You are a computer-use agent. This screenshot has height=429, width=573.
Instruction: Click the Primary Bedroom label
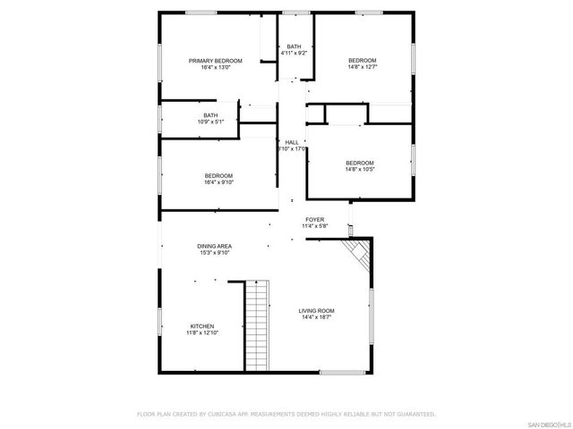pos(215,61)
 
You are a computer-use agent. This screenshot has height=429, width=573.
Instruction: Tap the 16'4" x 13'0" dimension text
pos(215,67)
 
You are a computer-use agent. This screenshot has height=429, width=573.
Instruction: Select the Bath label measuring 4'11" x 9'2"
pos(294,46)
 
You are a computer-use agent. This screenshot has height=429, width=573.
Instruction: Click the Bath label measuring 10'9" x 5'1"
pos(210,114)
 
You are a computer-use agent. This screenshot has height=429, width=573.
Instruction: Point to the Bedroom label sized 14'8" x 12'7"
pos(363,60)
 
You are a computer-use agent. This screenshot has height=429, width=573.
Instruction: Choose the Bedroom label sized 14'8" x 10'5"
pos(361,162)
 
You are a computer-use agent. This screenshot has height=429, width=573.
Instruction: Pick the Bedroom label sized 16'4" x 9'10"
pos(218,175)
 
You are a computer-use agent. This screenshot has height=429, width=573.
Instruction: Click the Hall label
pos(292,142)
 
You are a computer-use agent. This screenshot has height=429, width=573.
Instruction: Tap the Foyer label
pos(314,219)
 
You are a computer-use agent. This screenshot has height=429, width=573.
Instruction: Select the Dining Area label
pos(215,246)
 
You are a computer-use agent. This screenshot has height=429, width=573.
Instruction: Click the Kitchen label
pos(202,326)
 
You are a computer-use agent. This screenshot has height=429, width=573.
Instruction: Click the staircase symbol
pos(257,327)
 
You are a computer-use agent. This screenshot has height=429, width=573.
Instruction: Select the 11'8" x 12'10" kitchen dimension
pos(202,332)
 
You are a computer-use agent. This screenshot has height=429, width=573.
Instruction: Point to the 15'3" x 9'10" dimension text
pos(215,253)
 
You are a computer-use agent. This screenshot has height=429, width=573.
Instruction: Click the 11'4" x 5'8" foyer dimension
pos(314,226)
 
